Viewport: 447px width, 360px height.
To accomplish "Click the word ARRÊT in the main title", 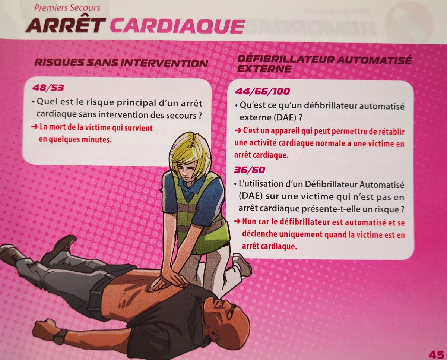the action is point(66,25).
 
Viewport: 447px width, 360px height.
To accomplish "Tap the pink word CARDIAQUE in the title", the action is point(178,26).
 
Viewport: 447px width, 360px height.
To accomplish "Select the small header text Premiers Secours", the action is point(67,8).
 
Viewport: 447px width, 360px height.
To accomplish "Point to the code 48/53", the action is point(48,88).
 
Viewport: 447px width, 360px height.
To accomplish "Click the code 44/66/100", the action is point(262,91).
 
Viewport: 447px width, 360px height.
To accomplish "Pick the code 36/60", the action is point(250,170).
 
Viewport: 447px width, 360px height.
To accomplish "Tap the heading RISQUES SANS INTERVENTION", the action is point(121,63).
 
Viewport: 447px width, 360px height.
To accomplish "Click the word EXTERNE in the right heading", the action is point(264,69).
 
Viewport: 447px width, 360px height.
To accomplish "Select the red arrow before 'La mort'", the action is point(35,127).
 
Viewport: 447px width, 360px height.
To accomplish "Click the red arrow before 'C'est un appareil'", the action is point(238,131).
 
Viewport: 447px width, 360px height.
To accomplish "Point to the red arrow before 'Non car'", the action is point(237,221).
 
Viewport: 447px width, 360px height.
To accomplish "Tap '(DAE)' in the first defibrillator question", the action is point(284,118).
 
